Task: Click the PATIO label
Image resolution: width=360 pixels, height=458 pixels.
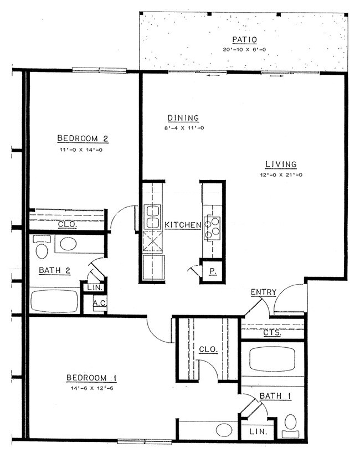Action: (241, 39)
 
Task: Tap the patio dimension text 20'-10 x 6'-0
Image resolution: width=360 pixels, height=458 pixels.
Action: (241, 49)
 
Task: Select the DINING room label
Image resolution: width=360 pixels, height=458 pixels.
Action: (183, 117)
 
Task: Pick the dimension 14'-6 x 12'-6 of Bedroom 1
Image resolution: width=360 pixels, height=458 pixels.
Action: (91, 388)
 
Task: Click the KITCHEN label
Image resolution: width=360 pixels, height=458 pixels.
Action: (182, 225)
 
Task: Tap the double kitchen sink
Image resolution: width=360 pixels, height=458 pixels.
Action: (152, 217)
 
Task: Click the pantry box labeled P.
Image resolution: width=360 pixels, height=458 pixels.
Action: (212, 271)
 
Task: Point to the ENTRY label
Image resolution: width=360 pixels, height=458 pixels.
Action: (264, 292)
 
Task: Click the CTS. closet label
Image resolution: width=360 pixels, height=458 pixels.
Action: (272, 333)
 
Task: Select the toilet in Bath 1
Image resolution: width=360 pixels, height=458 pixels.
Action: (290, 424)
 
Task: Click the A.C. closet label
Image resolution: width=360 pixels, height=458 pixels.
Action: (100, 303)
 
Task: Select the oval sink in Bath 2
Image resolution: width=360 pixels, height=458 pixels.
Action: (69, 244)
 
